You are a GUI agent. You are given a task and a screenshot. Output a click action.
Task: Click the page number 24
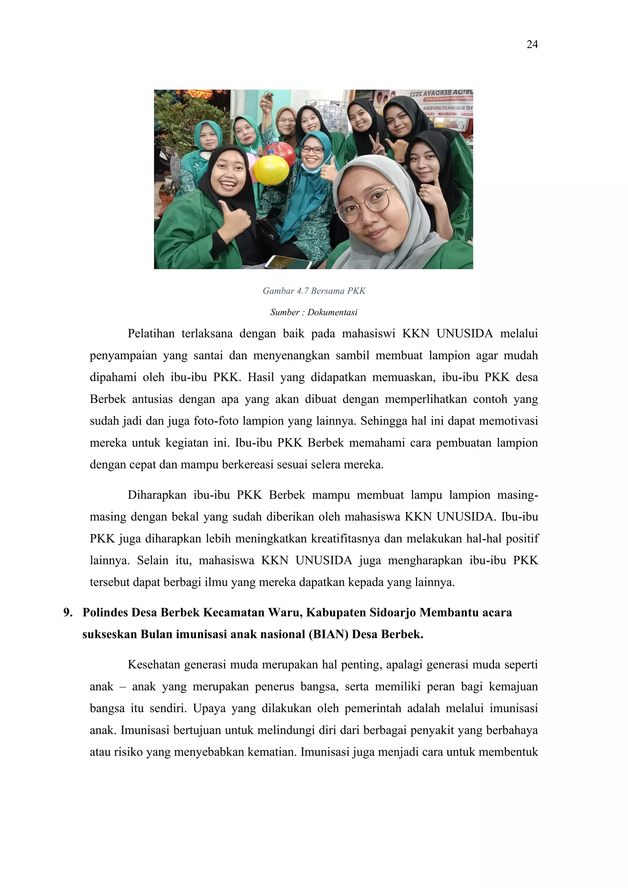coord(532,45)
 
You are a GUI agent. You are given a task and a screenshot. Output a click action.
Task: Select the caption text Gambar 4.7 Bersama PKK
coord(314,291)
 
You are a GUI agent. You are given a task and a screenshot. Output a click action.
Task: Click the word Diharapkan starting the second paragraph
coord(157,495)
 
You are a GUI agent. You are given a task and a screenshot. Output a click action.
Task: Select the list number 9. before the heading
coord(68,613)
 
